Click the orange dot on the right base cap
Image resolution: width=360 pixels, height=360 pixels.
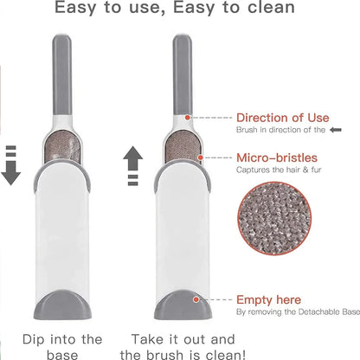(197, 298)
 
